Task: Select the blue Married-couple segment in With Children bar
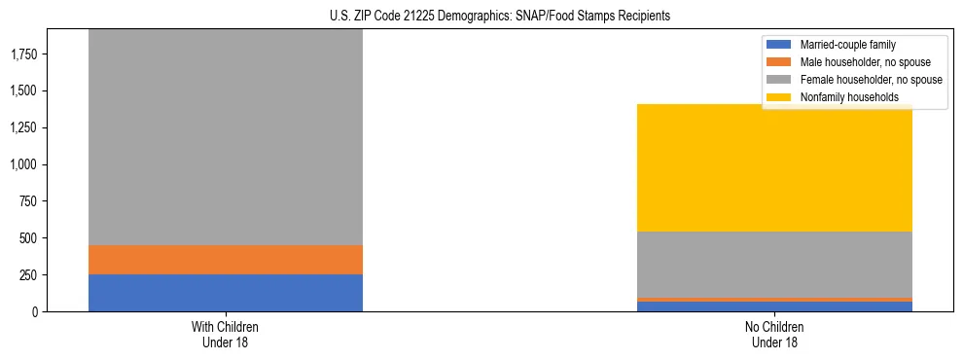point(225,293)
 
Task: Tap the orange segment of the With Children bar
point(225,260)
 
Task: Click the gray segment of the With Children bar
point(225,136)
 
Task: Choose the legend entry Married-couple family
point(845,45)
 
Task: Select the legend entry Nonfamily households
point(842,97)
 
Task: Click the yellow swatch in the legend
point(780,97)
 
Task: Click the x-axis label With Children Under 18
point(225,335)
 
